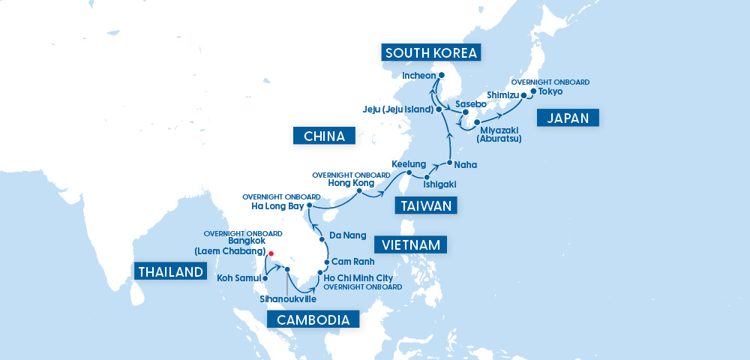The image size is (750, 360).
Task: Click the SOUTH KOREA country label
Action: point(430,52)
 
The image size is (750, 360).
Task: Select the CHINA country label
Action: point(324,136)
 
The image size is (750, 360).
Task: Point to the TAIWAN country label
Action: point(426,205)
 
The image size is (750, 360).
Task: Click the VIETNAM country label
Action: point(410,244)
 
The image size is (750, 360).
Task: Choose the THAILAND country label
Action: point(170,271)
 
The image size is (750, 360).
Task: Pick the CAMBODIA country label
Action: point(313,320)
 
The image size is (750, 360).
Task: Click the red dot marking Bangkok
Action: point(271,253)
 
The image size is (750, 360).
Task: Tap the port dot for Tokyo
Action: point(532,92)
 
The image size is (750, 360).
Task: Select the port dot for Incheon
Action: point(442,76)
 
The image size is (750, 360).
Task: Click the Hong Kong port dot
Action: point(359,191)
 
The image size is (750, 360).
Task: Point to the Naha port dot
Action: point(448,163)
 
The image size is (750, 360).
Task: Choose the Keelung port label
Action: point(409,163)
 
